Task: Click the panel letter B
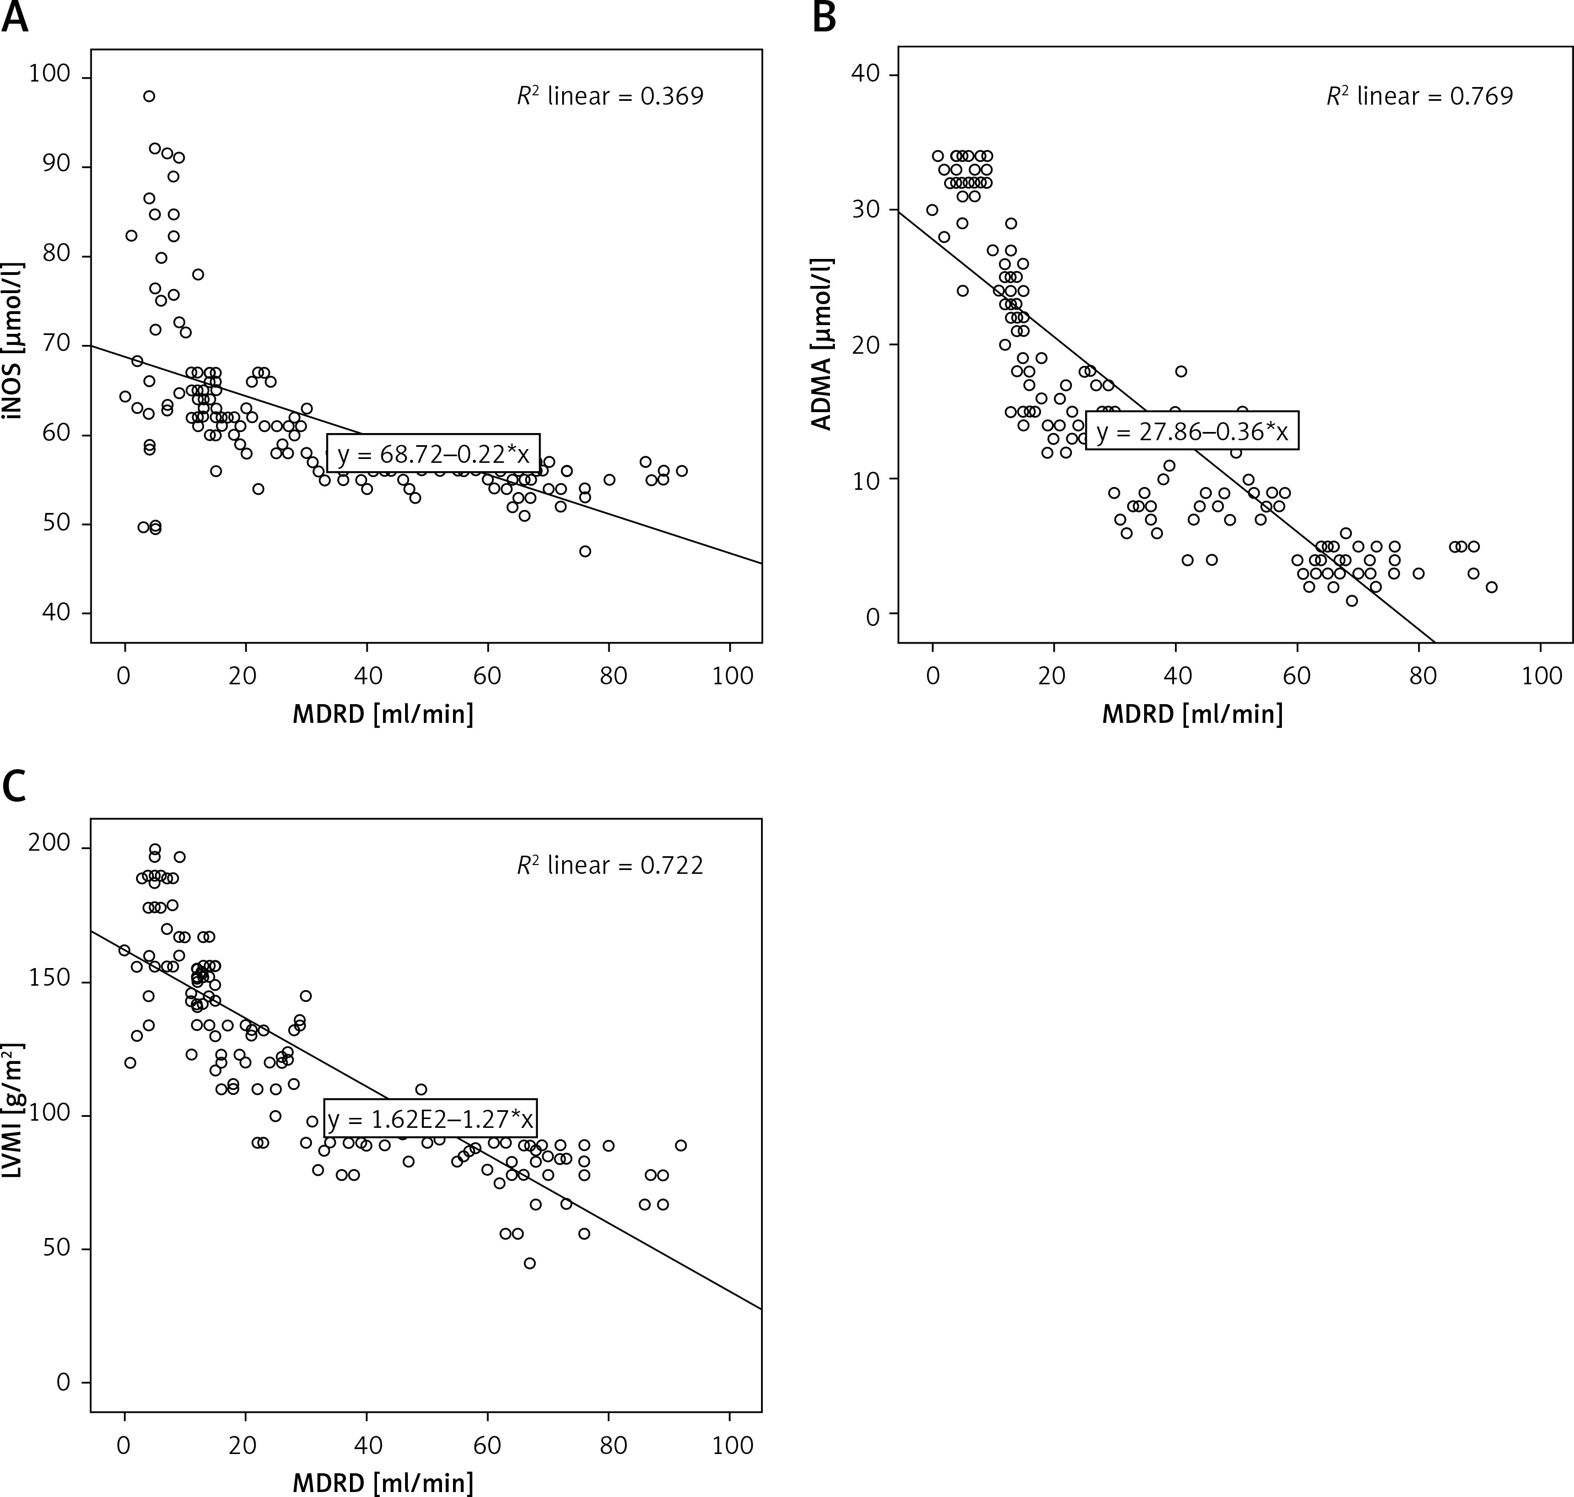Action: [x=824, y=18]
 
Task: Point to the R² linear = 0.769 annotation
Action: [x=1420, y=96]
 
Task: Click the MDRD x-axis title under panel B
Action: [x=1193, y=714]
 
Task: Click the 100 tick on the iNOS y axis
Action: [x=50, y=77]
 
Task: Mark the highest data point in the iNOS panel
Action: [x=148, y=96]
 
